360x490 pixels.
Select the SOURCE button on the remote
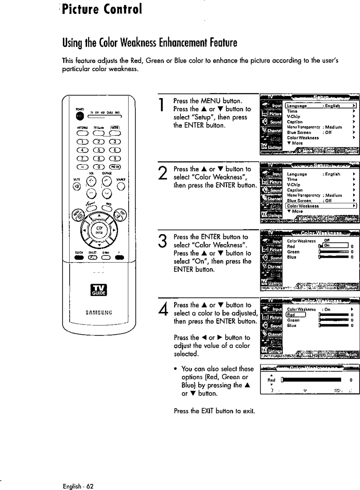click(x=121, y=185)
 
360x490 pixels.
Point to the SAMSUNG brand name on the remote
click(x=98, y=312)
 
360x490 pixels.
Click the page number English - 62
click(x=78, y=486)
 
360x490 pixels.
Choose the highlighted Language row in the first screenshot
click(x=321, y=106)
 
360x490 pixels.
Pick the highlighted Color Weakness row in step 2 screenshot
click(x=321, y=206)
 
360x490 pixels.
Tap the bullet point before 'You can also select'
click(x=176, y=369)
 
